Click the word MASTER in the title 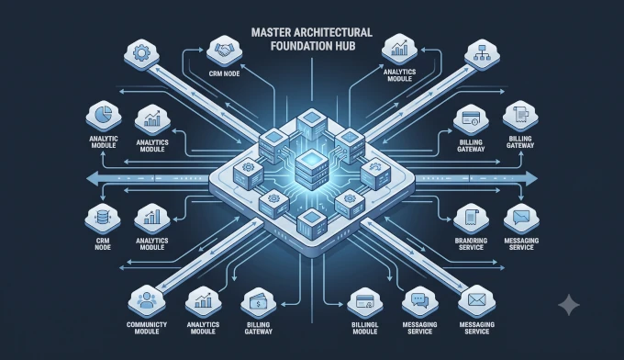(269, 32)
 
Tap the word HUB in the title (345, 46)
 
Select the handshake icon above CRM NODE (224, 51)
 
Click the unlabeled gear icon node (141, 53)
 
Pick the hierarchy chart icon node (483, 53)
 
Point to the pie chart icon (104, 114)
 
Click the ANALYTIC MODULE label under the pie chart (104, 141)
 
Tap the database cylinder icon (103, 218)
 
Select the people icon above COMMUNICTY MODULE (146, 300)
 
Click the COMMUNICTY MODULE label (147, 328)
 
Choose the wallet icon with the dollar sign (258, 304)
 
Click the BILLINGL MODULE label (365, 328)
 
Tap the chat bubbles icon (420, 300)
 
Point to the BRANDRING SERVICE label (471, 243)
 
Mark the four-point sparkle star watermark (569, 305)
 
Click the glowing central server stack (312, 172)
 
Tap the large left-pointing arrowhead (94, 178)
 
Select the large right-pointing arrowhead (531, 178)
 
